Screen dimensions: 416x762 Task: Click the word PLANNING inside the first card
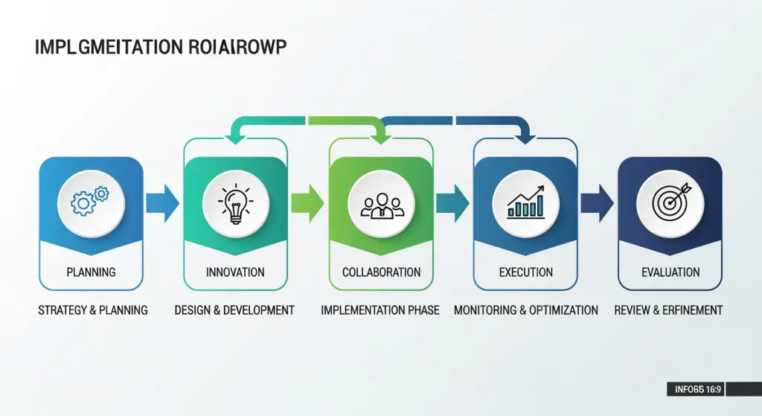(91, 272)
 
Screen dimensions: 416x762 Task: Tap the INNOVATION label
(236, 272)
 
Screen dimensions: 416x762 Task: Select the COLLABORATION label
(381, 272)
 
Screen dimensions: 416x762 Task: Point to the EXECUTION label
(526, 272)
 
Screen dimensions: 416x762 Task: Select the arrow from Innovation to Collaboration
(308, 202)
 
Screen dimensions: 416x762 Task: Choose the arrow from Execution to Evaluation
(598, 202)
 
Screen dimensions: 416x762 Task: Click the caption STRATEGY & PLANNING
(93, 310)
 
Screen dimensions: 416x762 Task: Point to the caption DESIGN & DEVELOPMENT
(234, 310)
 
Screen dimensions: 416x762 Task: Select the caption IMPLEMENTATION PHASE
(380, 310)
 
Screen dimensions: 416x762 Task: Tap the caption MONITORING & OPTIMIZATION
(526, 310)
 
